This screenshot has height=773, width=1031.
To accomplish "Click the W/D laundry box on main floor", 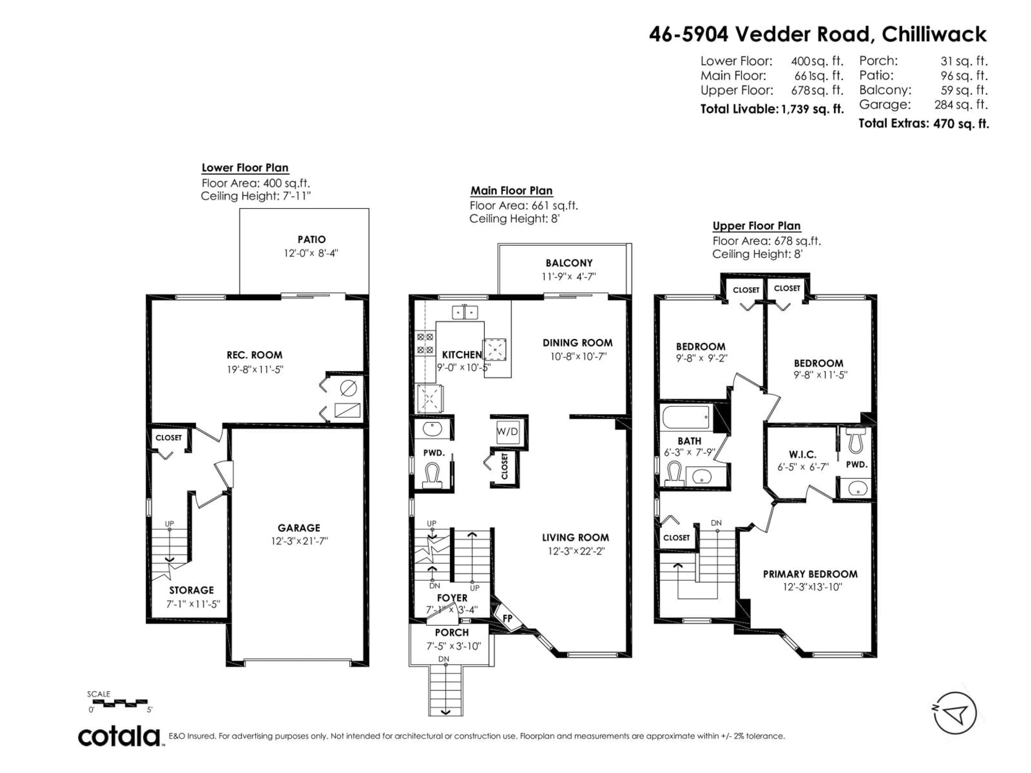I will pyautogui.click(x=507, y=432).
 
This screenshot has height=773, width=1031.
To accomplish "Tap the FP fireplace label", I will pyautogui.click(x=507, y=618).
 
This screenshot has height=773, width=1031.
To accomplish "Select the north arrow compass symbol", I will pyautogui.click(x=956, y=713).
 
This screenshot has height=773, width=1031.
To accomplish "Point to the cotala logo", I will pyautogui.click(x=119, y=737).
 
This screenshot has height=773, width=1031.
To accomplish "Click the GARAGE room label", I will pyautogui.click(x=299, y=528).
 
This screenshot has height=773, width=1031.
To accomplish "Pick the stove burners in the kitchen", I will pyautogui.click(x=424, y=343).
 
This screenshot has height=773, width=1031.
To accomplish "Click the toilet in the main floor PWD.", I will pyautogui.click(x=432, y=475).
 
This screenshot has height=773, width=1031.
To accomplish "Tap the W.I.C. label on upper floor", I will pyautogui.click(x=803, y=454).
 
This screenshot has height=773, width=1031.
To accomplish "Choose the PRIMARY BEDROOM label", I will pyautogui.click(x=810, y=574).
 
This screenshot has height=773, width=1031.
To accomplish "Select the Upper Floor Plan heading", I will pyautogui.click(x=757, y=226).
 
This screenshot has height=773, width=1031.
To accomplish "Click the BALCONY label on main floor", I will pyautogui.click(x=569, y=263).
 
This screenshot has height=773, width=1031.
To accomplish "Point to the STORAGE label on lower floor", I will pyautogui.click(x=191, y=590).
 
